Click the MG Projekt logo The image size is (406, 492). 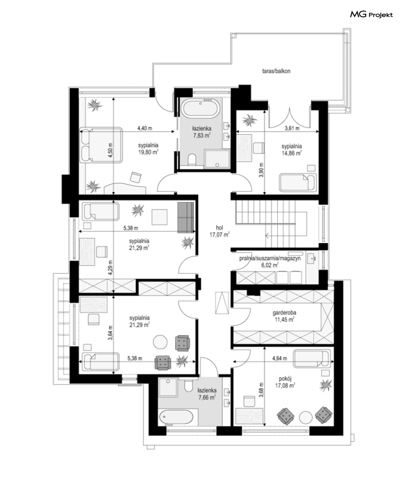tap(371, 15)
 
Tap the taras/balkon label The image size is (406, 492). tap(276, 71)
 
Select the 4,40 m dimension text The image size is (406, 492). tap(145, 128)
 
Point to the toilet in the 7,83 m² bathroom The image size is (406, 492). tap(192, 159)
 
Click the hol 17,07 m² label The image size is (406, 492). tap(219, 231)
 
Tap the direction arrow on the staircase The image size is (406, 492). tap(268, 235)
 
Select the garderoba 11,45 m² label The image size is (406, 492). tap(284, 316)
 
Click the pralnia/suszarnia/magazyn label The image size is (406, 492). tap(270, 258)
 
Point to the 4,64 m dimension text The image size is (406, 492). tap(280, 358)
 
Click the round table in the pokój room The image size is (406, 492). tap(306, 417)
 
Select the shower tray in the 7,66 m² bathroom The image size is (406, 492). tap(168, 387)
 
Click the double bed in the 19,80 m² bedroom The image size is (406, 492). tap(101, 145)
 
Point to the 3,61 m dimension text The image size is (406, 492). tap(292, 128)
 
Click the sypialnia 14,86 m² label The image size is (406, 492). tap(291, 149)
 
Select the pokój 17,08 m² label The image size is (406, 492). tap(285, 382)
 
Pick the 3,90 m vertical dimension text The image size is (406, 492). tap(261, 170)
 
